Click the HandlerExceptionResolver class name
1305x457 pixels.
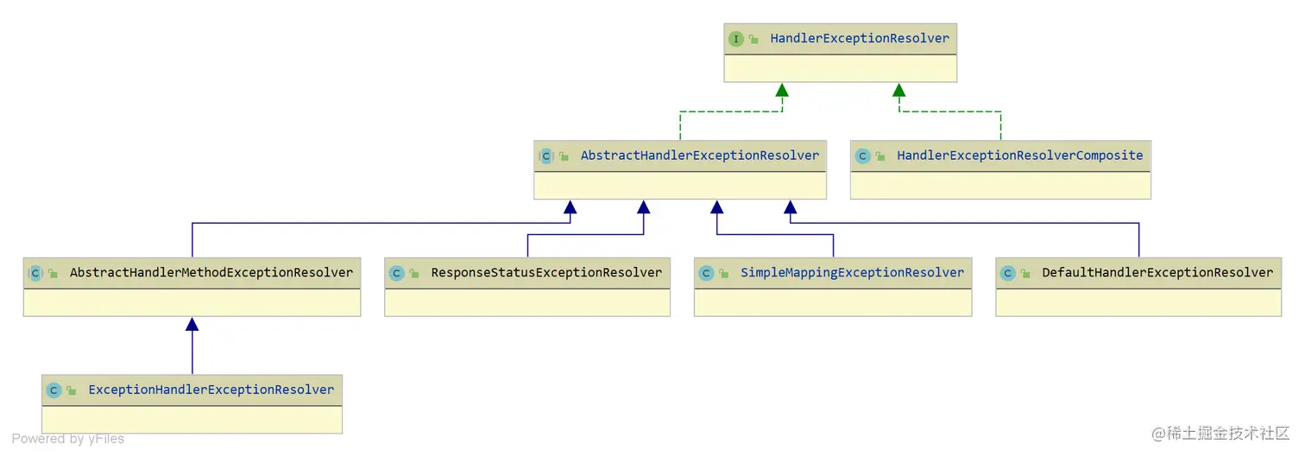click(859, 38)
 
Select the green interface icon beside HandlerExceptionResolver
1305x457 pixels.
click(735, 39)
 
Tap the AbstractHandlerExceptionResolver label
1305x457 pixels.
click(699, 156)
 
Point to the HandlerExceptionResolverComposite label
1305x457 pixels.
click(1019, 156)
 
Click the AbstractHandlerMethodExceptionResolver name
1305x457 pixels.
click(211, 272)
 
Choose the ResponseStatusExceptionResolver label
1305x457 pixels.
click(546, 272)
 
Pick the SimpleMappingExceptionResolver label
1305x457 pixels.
click(852, 272)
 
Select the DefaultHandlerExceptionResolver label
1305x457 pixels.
click(1157, 272)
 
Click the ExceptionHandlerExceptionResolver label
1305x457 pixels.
click(211, 390)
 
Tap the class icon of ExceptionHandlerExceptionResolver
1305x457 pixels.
click(54, 390)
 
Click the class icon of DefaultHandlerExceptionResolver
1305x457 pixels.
click(1007, 273)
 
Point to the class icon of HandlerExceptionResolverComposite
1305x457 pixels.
click(862, 156)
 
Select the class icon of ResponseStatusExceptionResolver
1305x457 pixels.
click(396, 273)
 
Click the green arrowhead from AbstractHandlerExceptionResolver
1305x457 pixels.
click(782, 90)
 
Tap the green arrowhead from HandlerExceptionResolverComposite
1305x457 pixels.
click(898, 90)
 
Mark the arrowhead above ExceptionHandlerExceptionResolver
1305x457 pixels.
click(192, 324)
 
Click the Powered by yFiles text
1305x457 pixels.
click(68, 439)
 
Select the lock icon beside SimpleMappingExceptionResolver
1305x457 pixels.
click(723, 273)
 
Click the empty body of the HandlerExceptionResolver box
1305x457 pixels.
click(840, 68)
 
